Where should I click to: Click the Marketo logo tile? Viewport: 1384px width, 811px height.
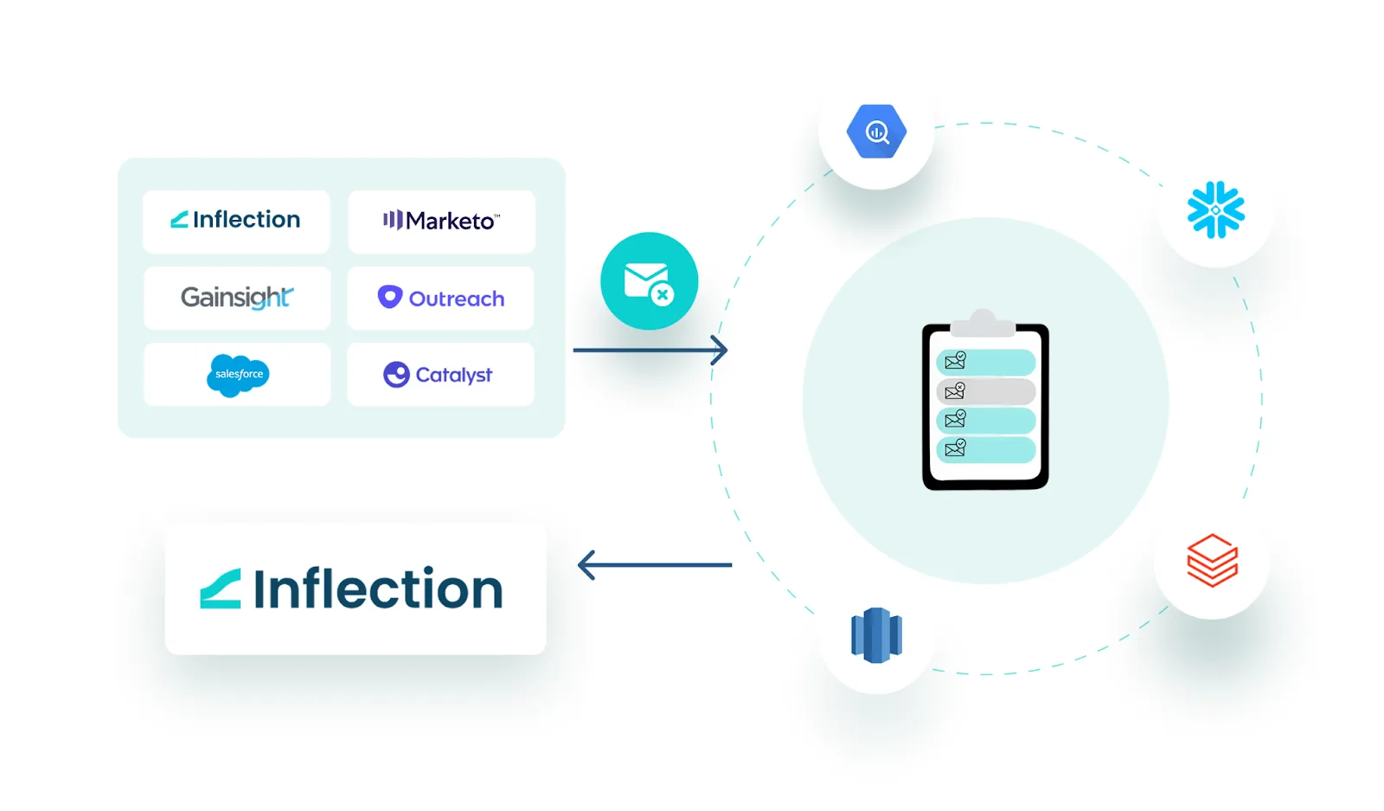click(441, 222)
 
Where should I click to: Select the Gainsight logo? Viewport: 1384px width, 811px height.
click(237, 298)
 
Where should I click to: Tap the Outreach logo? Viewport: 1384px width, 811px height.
click(441, 298)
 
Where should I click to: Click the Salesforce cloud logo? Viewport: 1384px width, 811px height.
click(238, 375)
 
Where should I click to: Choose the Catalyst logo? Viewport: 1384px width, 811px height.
click(439, 375)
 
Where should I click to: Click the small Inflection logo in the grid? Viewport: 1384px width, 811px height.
click(235, 220)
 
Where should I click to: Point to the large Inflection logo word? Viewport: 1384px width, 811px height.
click(378, 589)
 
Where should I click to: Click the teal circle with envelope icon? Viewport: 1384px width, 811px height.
click(649, 280)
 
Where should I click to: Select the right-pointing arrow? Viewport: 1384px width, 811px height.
click(650, 351)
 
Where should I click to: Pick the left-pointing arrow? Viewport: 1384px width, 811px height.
click(654, 565)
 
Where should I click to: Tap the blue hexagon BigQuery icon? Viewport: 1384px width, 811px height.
click(876, 132)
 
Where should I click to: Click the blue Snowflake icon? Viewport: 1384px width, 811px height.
click(1215, 209)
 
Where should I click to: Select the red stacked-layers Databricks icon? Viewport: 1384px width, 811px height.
click(1212, 560)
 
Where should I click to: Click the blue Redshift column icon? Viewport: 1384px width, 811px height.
click(876, 635)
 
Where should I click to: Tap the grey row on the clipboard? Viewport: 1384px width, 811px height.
click(986, 391)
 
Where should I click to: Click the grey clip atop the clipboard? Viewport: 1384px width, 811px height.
click(983, 324)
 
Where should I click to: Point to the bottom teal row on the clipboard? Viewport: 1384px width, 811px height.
click(986, 449)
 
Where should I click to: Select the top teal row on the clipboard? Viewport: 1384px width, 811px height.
click(986, 362)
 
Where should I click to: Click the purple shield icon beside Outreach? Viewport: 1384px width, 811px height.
click(390, 297)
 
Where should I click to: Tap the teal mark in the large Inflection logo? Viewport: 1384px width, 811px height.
click(221, 589)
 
